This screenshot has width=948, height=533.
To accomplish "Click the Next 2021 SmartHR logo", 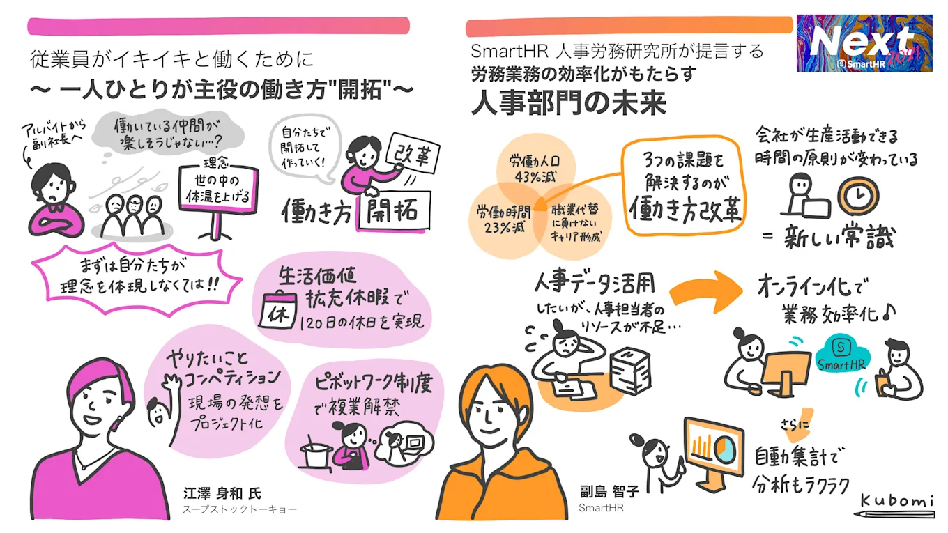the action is pos(864,43).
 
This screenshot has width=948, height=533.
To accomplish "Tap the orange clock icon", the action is pos(859,195).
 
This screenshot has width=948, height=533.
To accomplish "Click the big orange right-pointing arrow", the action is pos(706,292).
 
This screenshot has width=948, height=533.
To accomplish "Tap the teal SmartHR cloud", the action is pos(841,356).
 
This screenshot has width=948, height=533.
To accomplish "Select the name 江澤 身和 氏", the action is pos(222,493).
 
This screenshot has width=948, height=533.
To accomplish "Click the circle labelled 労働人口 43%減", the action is pos(535,168).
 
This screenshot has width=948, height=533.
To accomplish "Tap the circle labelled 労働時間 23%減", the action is pos(505,220).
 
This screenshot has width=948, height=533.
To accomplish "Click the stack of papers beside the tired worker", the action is pos(630,371).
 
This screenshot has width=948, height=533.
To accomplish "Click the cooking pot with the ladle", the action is pos(315,453).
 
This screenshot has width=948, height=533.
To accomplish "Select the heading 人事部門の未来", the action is pos(569,104).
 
